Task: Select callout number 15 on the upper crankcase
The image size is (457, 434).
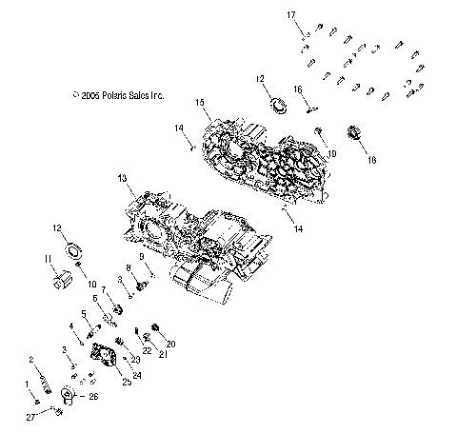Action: pyautogui.click(x=201, y=102)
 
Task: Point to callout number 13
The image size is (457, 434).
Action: pyautogui.click(x=122, y=179)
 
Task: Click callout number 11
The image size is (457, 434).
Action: pyautogui.click(x=47, y=259)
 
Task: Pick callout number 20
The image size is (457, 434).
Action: pyautogui.click(x=172, y=343)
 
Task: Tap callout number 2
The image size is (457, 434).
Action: pyautogui.click(x=31, y=359)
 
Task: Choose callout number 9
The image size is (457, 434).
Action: pyautogui.click(x=141, y=257)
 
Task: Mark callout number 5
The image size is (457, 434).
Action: pyautogui.click(x=85, y=312)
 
